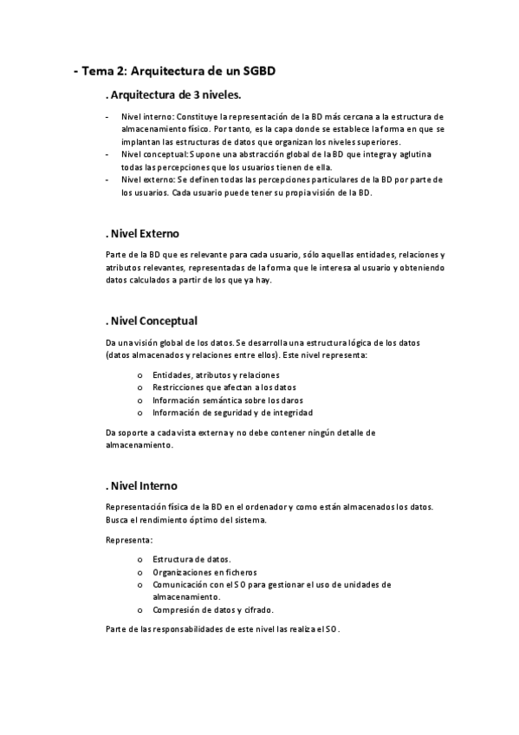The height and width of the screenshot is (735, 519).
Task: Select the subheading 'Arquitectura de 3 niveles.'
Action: tap(172, 94)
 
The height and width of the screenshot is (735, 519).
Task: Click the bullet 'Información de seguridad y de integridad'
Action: tap(232, 413)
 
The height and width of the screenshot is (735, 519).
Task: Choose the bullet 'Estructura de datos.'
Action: tap(191, 559)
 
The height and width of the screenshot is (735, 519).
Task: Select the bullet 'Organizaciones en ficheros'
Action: tap(204, 572)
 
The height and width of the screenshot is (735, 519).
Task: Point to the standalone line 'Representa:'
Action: tap(129, 540)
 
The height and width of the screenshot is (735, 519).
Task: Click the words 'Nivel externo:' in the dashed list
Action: tap(148, 179)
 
